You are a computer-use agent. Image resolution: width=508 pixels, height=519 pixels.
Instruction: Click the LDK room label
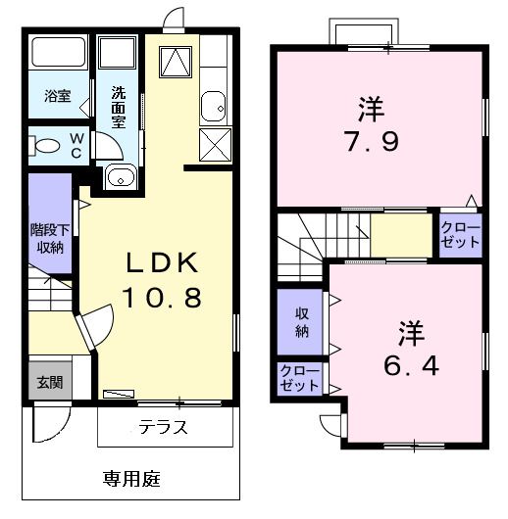(x=163, y=263)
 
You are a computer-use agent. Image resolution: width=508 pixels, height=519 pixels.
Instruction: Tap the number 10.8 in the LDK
(x=163, y=296)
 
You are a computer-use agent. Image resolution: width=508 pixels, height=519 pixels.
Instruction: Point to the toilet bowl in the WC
(x=46, y=147)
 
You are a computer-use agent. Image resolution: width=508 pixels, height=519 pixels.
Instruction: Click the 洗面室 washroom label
(x=118, y=107)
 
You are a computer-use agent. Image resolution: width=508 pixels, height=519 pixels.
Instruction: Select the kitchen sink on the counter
(x=213, y=105)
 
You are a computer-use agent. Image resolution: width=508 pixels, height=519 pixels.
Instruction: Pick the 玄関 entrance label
(x=49, y=382)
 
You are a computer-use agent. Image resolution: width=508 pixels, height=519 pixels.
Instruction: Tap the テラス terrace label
(x=163, y=428)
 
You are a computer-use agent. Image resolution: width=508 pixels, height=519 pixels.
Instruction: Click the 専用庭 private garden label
(x=132, y=479)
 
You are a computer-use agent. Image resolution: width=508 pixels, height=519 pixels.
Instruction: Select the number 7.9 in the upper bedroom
(x=370, y=143)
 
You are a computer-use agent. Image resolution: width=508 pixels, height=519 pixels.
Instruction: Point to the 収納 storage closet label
(x=302, y=322)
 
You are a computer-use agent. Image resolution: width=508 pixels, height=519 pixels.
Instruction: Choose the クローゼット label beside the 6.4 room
(x=299, y=378)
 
